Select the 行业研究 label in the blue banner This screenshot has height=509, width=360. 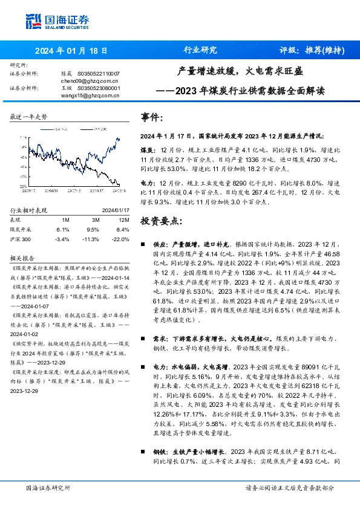pos(200,51)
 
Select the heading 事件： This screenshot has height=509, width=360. pos(151,117)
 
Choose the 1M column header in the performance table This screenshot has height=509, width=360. pos(66,219)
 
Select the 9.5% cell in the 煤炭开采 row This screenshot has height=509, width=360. pos(92,230)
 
